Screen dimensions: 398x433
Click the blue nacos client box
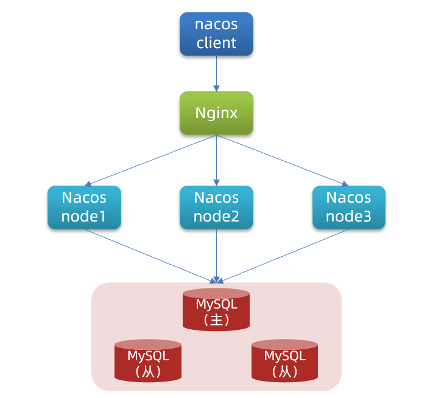tap(216, 34)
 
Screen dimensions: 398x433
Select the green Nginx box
tap(216, 113)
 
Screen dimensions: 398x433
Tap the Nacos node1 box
tap(84, 207)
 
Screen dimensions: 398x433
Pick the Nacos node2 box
tap(216, 207)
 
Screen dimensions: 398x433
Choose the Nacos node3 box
tap(348, 207)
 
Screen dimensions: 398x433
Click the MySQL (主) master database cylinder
tap(216, 310)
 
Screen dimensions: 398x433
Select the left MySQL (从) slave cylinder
tap(148, 361)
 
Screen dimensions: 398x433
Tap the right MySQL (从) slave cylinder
tap(285, 361)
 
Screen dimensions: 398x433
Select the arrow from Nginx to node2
tap(216, 159)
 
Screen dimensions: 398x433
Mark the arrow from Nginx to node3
tap(281, 159)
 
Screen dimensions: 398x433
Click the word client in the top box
tap(216, 43)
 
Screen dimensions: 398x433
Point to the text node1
tap(84, 216)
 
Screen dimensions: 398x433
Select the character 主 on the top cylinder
tap(216, 319)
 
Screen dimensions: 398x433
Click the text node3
tap(348, 216)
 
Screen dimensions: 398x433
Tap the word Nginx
tap(216, 113)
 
